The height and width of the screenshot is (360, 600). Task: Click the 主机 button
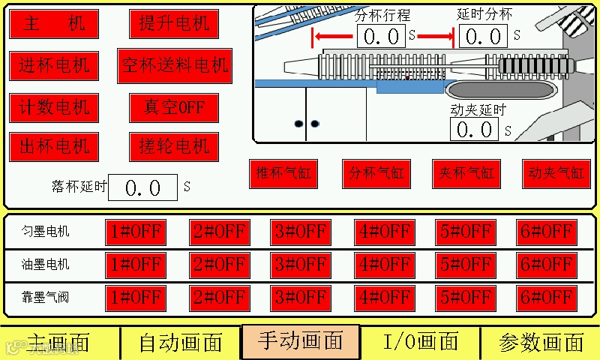(54, 24)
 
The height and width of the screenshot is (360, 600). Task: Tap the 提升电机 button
(174, 24)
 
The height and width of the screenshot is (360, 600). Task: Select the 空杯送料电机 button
(174, 66)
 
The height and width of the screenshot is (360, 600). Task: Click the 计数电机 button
(54, 108)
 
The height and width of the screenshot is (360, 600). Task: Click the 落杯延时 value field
(142, 187)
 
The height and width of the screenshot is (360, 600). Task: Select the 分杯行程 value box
(380, 36)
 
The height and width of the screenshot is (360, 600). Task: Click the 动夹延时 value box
(474, 130)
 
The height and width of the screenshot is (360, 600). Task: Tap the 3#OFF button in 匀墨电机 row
(300, 232)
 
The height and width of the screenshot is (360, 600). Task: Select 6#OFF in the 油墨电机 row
(547, 265)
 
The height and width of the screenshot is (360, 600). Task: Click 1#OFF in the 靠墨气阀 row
(136, 298)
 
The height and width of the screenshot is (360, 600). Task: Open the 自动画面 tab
(181, 343)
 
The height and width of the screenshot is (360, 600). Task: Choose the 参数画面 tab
(541, 343)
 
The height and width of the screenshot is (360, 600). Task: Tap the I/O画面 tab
(420, 343)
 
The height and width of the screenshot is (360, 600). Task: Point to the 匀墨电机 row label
(46, 232)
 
